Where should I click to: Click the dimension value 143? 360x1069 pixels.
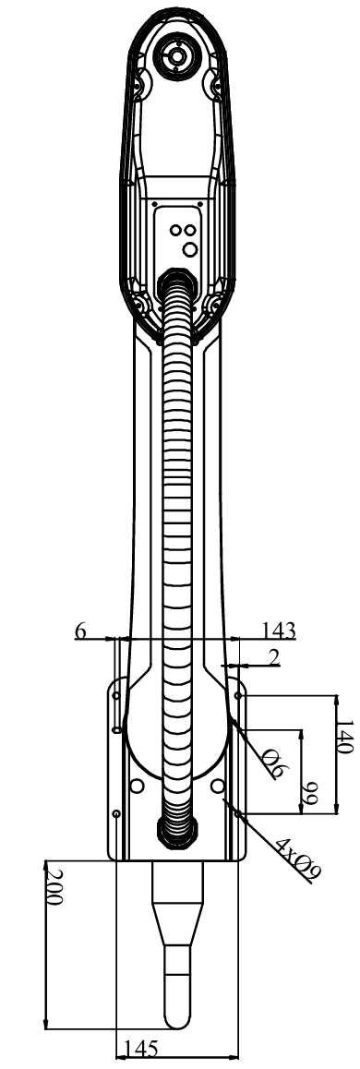pos(278,631)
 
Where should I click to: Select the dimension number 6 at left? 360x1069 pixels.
pos(80,631)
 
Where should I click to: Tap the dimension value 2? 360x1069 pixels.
pos(274,657)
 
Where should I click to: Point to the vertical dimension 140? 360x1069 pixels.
pos(344,737)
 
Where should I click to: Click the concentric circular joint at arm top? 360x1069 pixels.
pos(176,54)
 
